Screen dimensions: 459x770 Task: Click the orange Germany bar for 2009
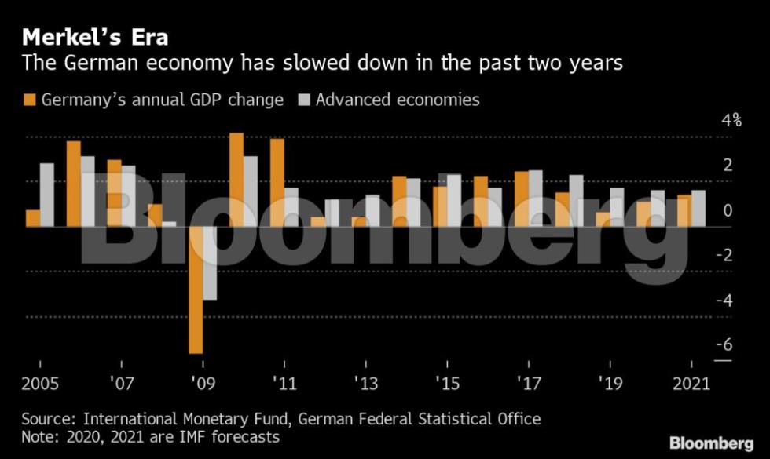pyautogui.click(x=196, y=290)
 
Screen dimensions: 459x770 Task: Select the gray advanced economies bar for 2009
pyautogui.click(x=210, y=263)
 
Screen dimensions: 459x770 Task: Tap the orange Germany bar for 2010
pyautogui.click(x=236, y=180)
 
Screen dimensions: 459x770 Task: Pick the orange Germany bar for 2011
pyautogui.click(x=277, y=182)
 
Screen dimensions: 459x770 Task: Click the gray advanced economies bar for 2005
pyautogui.click(x=46, y=195)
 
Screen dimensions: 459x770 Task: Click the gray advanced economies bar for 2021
pyautogui.click(x=698, y=209)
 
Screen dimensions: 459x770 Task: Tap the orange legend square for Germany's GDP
pyautogui.click(x=30, y=100)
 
